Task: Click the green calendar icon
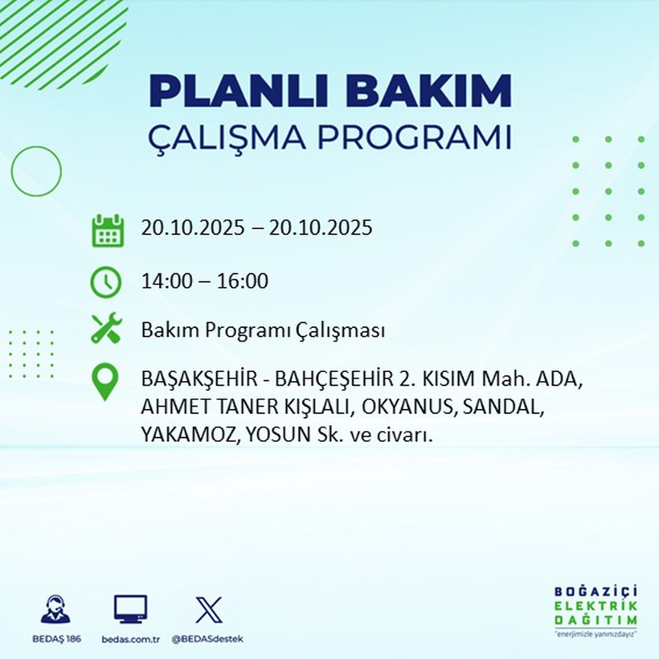[107, 230]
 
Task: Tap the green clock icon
[106, 282]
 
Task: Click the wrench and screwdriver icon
[106, 329]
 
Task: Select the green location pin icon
[106, 383]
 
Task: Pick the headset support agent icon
[55, 610]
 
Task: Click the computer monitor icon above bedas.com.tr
[130, 608]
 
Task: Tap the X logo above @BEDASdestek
[208, 609]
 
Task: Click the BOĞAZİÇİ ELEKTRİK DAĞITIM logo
[596, 611]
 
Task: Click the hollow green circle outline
[36, 170]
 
